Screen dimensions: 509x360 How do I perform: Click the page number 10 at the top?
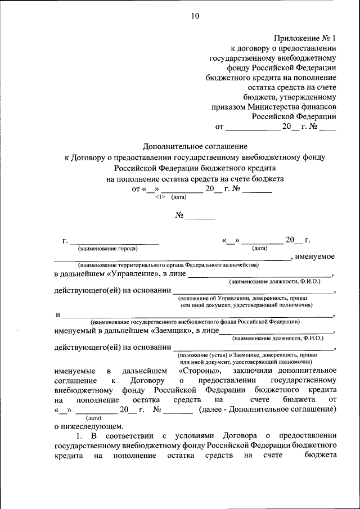point(195,16)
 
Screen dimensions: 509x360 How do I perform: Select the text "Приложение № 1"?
point(305,39)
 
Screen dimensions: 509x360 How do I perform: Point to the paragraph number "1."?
point(80,436)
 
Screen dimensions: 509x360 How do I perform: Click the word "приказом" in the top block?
point(228,106)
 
